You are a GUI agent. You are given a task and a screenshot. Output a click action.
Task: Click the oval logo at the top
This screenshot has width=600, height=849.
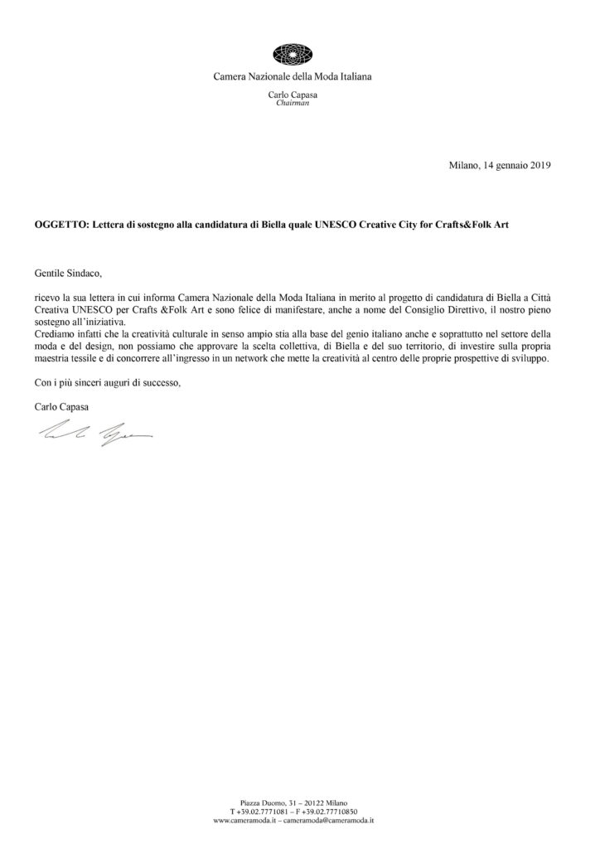[299, 53]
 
